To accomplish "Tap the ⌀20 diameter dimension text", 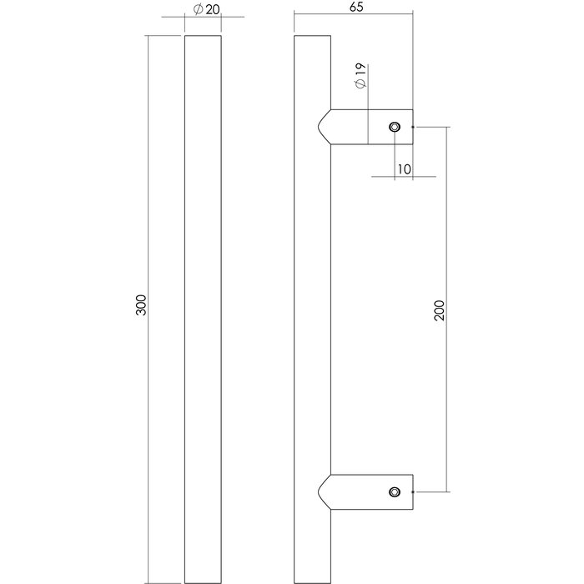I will tap(204, 9).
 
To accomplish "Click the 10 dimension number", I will tap(405, 169).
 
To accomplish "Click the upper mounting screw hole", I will tap(394, 127).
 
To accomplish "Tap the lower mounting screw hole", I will tap(394, 493).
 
